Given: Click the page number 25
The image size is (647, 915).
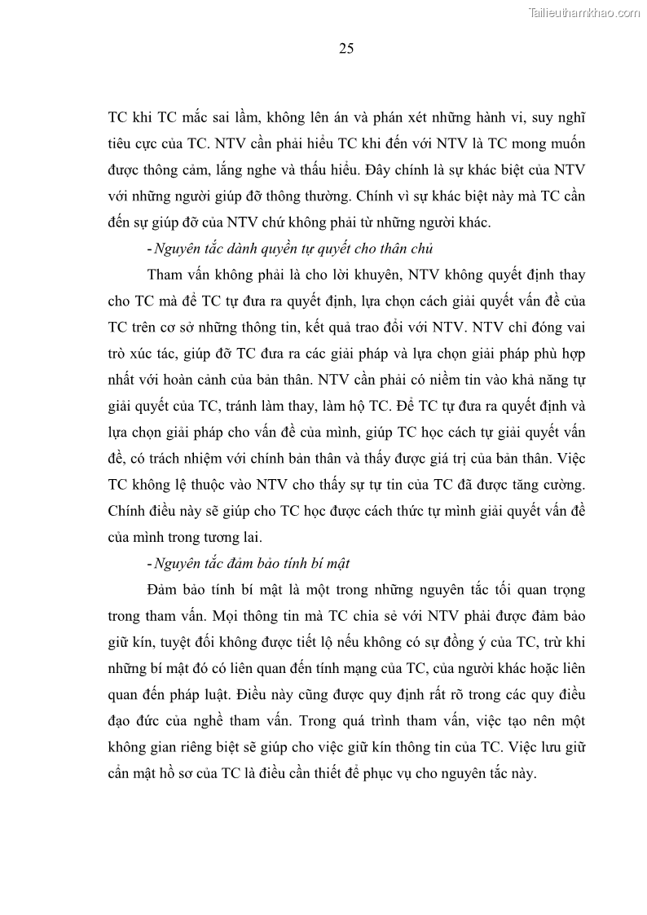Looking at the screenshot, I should [346, 49].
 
